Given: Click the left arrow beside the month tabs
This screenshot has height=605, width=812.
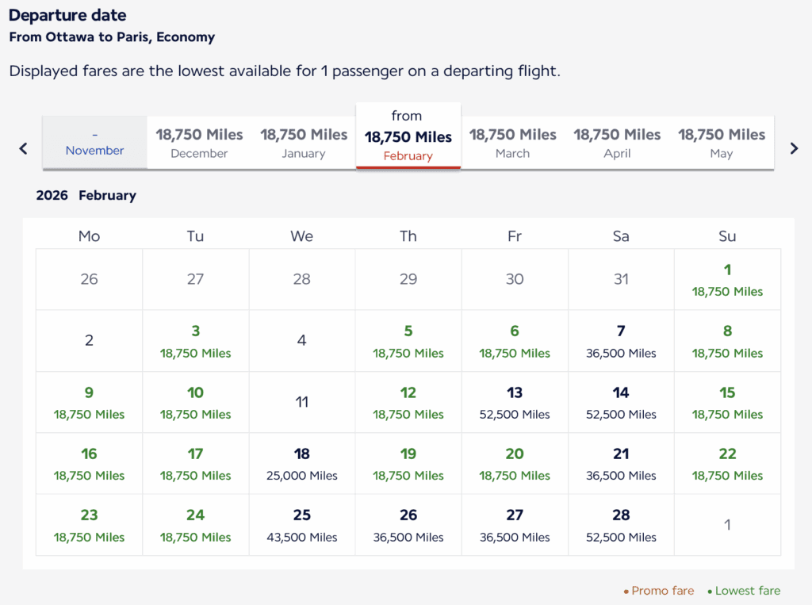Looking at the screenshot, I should (23, 148).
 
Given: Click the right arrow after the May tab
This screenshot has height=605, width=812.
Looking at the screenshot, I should (794, 148).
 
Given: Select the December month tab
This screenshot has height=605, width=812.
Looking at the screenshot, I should (199, 143).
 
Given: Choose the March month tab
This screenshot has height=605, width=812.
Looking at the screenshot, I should (512, 143).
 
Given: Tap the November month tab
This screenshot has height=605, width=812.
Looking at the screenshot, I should (94, 143).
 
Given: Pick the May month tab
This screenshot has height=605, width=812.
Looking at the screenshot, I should (722, 143).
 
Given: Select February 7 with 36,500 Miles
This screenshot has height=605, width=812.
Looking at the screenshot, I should (621, 341).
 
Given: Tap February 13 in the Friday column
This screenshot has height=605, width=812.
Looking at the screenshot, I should (515, 402).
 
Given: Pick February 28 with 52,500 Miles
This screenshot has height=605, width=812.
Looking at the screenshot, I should (621, 525).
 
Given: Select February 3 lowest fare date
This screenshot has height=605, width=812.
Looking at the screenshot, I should (196, 341).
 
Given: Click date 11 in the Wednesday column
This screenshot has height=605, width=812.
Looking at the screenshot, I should (302, 402).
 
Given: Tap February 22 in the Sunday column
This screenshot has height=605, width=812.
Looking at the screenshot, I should (727, 464).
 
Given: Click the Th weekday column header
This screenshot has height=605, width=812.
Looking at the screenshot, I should (408, 236).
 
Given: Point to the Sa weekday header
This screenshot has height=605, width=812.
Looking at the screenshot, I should (621, 236).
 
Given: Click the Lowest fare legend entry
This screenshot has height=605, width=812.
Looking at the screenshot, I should (747, 591).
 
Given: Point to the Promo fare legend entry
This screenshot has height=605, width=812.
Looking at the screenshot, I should (661, 591).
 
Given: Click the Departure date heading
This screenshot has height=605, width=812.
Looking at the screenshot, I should (67, 15).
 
